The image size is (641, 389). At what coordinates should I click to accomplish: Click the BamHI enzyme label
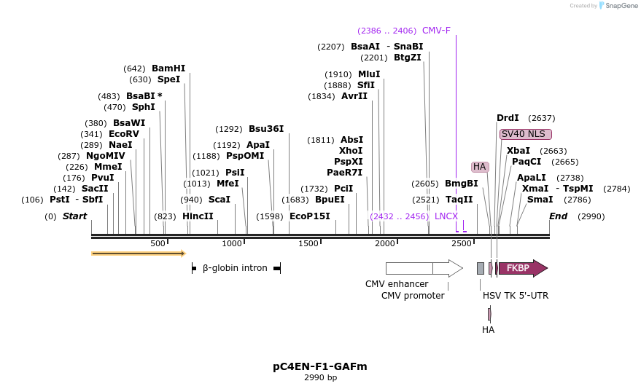click(x=168, y=68)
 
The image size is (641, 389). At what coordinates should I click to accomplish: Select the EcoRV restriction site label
click(x=124, y=134)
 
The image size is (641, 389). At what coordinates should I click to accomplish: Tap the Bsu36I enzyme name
click(x=266, y=129)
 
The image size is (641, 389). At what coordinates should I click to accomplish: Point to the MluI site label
click(x=369, y=74)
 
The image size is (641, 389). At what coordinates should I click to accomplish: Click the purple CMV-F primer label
click(x=436, y=31)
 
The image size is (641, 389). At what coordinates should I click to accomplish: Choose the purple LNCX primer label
click(x=446, y=216)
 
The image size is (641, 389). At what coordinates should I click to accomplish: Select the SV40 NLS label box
click(x=526, y=134)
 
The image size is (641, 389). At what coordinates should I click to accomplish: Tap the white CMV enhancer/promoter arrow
click(x=424, y=268)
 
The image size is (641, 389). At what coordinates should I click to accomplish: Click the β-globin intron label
click(x=235, y=268)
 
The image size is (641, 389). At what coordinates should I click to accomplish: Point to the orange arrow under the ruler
click(x=139, y=254)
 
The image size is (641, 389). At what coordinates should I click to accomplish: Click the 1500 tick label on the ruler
click(x=308, y=244)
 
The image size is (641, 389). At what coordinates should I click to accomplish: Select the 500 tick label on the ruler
click(x=158, y=244)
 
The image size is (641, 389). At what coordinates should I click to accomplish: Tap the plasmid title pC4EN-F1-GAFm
click(x=320, y=366)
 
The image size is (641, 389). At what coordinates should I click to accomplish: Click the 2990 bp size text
click(x=321, y=377)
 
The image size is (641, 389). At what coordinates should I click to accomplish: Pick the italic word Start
click(x=74, y=216)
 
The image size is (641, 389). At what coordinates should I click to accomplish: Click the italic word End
click(x=558, y=216)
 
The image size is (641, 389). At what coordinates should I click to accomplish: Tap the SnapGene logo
click(x=618, y=6)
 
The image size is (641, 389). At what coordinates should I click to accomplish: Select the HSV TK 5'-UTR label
click(x=516, y=296)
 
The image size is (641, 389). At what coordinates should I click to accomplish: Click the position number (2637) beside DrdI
click(x=542, y=118)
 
